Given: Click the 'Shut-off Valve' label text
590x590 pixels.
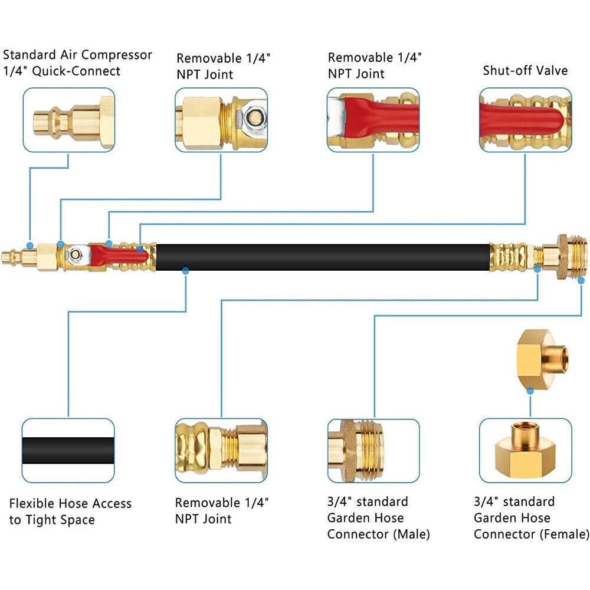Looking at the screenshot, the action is click(x=525, y=70).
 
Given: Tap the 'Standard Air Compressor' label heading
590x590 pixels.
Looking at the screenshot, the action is click(x=77, y=55).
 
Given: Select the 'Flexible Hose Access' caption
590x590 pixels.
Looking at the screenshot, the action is click(x=70, y=503).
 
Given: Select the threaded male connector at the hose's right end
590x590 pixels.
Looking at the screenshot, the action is click(x=572, y=257).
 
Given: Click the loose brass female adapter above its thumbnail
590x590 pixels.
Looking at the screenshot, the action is click(x=542, y=359).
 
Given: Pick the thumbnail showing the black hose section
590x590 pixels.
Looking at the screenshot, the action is click(x=68, y=450).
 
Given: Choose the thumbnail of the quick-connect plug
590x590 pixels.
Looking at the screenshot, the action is click(x=69, y=120).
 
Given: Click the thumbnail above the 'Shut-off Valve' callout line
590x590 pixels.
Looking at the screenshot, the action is click(x=525, y=120).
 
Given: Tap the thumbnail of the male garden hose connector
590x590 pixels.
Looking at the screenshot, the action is click(x=373, y=451).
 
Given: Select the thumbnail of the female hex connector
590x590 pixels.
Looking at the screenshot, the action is click(x=525, y=450).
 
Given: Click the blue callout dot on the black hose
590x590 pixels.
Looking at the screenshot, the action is click(x=185, y=270).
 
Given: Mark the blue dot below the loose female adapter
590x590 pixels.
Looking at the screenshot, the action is click(x=530, y=391).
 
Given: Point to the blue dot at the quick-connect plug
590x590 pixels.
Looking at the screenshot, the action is click(x=29, y=245).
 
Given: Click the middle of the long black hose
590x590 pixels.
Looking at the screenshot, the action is click(x=323, y=257).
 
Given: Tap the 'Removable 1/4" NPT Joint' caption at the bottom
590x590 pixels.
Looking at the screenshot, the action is click(x=222, y=510).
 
